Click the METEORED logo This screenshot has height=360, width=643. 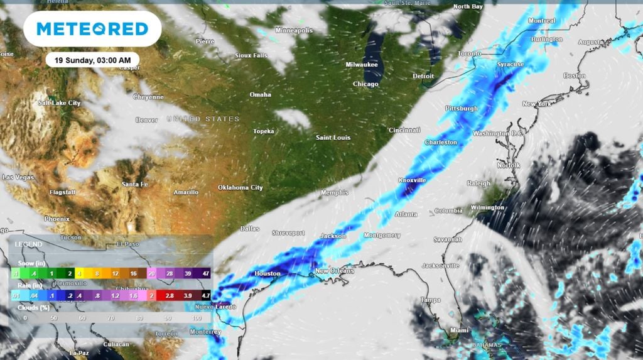[x=92, y=29]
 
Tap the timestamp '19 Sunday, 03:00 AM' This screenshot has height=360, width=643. [x=92, y=60]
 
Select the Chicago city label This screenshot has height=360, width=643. [x=365, y=84]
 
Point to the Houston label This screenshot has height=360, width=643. [x=267, y=274]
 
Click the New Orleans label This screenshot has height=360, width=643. [x=335, y=271]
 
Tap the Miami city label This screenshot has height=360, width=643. [x=460, y=330]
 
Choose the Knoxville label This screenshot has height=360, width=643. [x=412, y=180]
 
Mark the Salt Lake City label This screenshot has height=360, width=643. [x=60, y=102]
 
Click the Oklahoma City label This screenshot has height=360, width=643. [x=240, y=188]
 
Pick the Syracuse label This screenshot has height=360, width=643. [x=510, y=65]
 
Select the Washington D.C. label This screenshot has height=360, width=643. [x=498, y=134]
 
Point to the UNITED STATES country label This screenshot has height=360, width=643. [x=203, y=119]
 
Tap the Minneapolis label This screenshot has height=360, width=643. [x=293, y=30]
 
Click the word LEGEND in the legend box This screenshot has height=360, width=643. [x=29, y=244]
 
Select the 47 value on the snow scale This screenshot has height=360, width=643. [x=205, y=273]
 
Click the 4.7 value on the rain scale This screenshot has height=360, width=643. [x=205, y=295]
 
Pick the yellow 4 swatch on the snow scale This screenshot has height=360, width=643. [x=80, y=273]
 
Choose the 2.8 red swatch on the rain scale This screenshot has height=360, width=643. [x=170, y=295]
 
